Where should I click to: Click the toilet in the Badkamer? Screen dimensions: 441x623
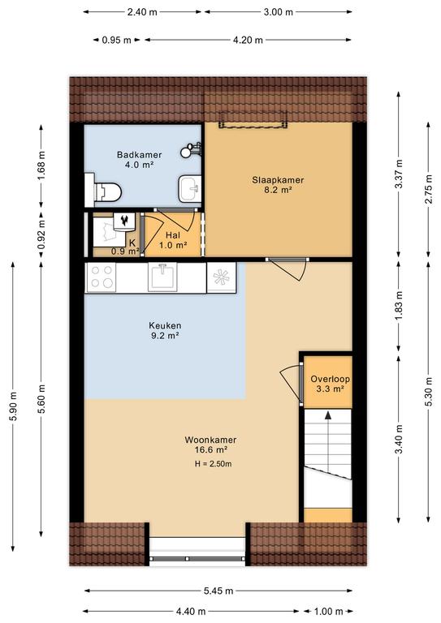tap(103, 191)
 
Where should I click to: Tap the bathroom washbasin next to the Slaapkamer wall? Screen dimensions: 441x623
tap(190, 189)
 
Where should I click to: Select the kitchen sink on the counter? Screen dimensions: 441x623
tap(162, 277)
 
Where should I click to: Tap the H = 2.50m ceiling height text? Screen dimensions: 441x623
tap(213, 464)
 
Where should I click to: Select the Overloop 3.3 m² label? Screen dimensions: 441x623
tap(330, 384)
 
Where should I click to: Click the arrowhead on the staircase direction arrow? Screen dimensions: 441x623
tap(328, 415)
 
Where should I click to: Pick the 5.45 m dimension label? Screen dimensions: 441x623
tap(218, 591)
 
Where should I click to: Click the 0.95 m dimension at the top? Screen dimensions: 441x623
tap(116, 40)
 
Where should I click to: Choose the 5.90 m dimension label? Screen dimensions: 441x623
tap(13, 406)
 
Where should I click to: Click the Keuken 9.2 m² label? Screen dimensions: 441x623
tap(165, 330)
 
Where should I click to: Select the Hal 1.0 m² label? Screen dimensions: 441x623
tap(173, 240)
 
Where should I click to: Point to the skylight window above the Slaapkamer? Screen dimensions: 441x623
tap(253, 119)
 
